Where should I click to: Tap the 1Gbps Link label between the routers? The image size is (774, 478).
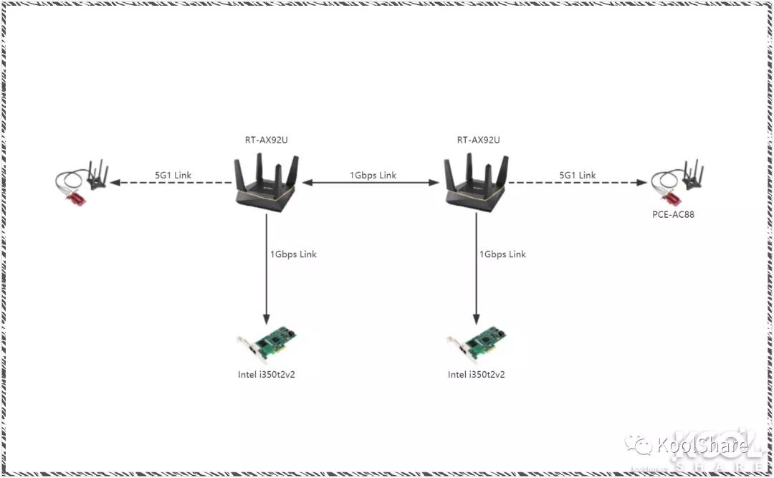click(x=373, y=175)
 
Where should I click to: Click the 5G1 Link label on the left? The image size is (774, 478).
click(x=173, y=175)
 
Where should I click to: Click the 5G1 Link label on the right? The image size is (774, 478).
click(x=577, y=175)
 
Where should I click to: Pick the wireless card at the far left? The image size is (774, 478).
click(x=82, y=183)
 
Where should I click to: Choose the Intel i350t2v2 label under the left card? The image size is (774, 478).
click(x=267, y=374)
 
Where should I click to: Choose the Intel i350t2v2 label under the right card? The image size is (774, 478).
click(x=477, y=374)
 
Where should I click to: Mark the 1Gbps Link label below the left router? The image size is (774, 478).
click(x=293, y=254)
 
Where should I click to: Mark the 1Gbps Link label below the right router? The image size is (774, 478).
click(x=502, y=254)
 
